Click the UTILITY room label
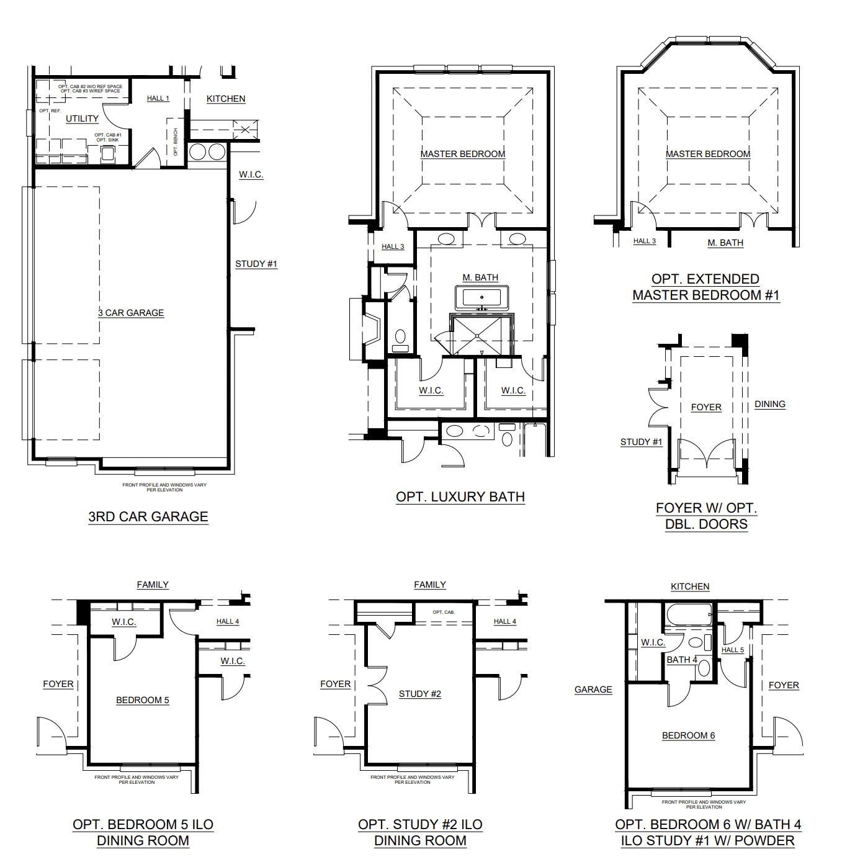(82, 119)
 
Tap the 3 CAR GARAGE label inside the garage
(131, 313)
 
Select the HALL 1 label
(158, 98)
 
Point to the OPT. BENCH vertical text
(176, 142)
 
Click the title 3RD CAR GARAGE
(148, 516)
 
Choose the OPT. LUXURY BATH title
(460, 496)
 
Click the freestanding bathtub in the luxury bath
(481, 298)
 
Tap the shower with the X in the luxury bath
(478, 336)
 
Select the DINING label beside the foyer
(769, 404)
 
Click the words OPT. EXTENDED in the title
(705, 279)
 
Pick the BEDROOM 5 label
(142, 700)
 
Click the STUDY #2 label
(419, 694)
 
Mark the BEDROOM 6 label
(688, 735)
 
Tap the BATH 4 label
(681, 660)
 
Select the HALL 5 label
(732, 650)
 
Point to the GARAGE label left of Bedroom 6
(593, 689)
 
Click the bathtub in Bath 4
(689, 615)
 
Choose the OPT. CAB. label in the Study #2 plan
(444, 612)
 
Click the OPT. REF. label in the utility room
(50, 110)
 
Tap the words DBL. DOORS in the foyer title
(705, 524)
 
